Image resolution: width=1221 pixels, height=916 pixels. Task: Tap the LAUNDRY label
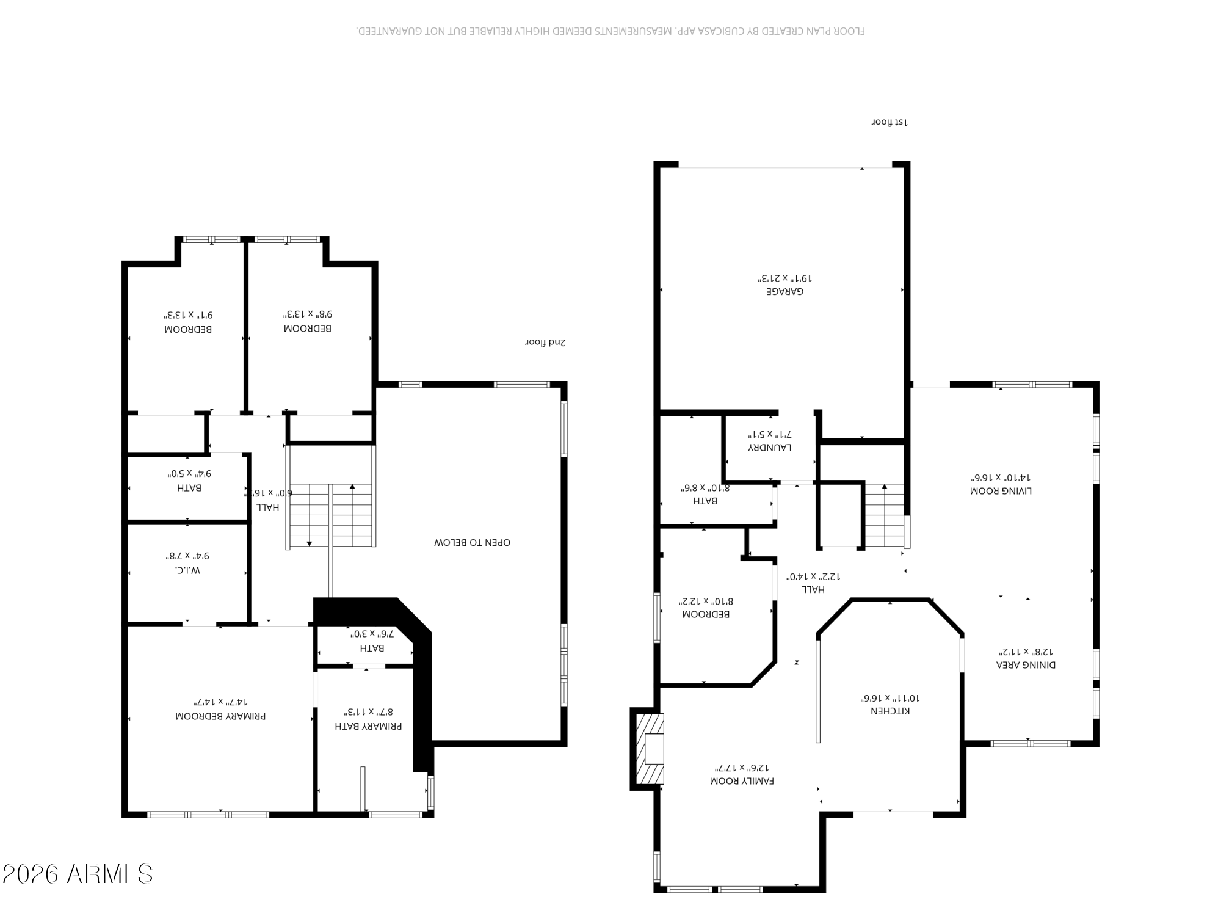point(770,448)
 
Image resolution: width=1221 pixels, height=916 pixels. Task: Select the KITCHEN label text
point(890,711)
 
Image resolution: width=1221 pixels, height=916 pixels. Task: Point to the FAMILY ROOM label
point(742,781)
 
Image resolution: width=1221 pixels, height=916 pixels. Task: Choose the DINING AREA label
point(1026,665)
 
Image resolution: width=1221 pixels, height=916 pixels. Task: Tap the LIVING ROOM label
point(1001,491)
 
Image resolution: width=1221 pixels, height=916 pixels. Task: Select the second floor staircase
point(330,515)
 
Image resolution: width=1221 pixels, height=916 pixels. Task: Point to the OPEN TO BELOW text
point(472,542)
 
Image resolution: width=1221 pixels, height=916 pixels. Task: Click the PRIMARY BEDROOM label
point(220,716)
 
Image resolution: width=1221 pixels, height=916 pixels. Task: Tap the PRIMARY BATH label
point(368,727)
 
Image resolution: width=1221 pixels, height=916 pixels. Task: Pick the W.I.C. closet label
point(187,570)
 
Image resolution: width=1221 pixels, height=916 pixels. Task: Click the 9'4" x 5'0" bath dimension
point(189,473)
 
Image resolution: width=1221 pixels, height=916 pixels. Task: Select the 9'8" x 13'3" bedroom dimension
point(308,314)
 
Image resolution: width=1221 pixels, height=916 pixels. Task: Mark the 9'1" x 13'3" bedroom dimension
point(188,315)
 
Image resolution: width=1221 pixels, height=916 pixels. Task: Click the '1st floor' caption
point(889,122)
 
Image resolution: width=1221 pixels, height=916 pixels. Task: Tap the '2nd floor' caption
point(545,343)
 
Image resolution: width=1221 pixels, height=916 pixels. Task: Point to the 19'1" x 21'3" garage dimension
point(785,278)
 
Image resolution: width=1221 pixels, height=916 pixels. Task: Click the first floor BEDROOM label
point(705,614)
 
